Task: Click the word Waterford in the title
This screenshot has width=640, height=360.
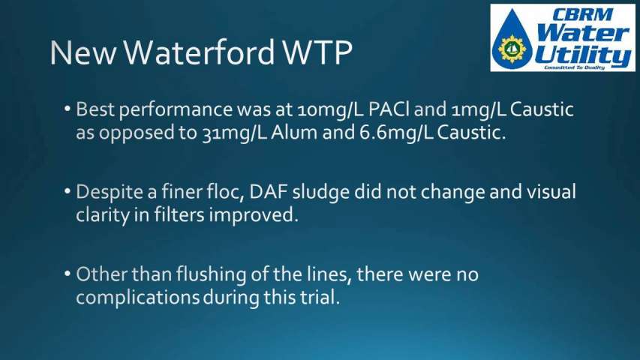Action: coord(199,52)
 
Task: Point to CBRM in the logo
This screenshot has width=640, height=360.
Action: coord(582,15)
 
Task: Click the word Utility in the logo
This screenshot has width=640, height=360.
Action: coord(583,55)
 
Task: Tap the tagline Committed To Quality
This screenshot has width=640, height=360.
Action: coord(574,67)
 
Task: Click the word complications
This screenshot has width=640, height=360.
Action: coord(137,298)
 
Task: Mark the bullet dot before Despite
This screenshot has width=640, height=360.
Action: coord(68,191)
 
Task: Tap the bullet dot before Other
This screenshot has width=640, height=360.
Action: coord(68,274)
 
